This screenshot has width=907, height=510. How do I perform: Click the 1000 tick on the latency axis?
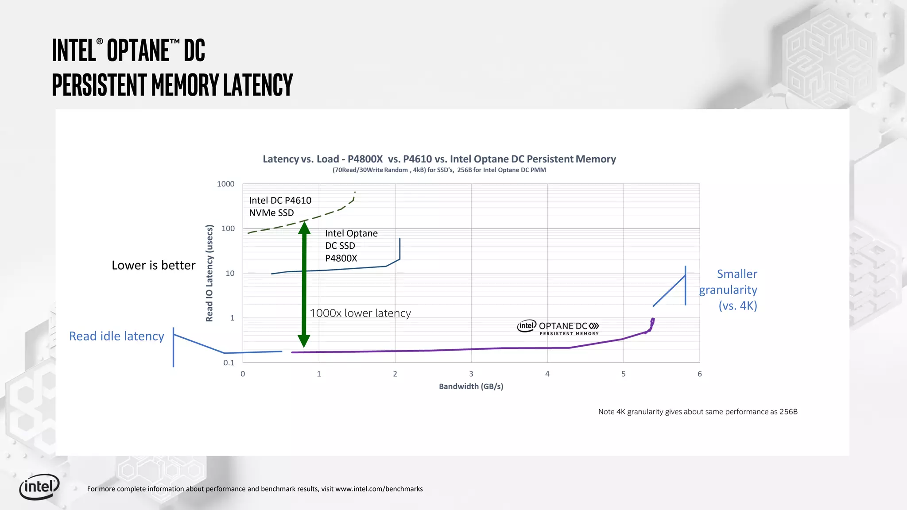pos(225,184)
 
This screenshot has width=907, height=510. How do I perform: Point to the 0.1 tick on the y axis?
pos(229,363)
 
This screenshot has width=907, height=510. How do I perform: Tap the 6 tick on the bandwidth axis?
pos(700,374)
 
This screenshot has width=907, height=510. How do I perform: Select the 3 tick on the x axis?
pos(471,374)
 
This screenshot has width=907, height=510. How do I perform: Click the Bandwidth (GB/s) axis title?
pos(471,386)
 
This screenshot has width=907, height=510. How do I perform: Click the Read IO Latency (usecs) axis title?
pos(209,273)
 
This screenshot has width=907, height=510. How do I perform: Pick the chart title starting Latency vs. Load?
pos(439,159)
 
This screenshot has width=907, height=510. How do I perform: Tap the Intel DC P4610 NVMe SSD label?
pos(280,206)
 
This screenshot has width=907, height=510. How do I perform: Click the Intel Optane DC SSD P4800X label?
pos(351,246)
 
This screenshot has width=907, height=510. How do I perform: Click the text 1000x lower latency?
pos(360,313)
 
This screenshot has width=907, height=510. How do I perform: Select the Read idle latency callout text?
pos(116,336)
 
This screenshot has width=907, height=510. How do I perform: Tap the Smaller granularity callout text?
pos(729,290)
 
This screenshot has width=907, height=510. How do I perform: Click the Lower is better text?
pos(153,265)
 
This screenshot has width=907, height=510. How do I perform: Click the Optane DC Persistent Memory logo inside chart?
pos(558,328)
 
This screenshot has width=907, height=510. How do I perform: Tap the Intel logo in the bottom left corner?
pos(39,487)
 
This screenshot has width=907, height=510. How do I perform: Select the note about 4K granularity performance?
pos(698,412)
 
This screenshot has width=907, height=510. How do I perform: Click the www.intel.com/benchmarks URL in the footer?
pos(379,489)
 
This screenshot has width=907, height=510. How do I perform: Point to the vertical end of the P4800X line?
pos(400,249)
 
